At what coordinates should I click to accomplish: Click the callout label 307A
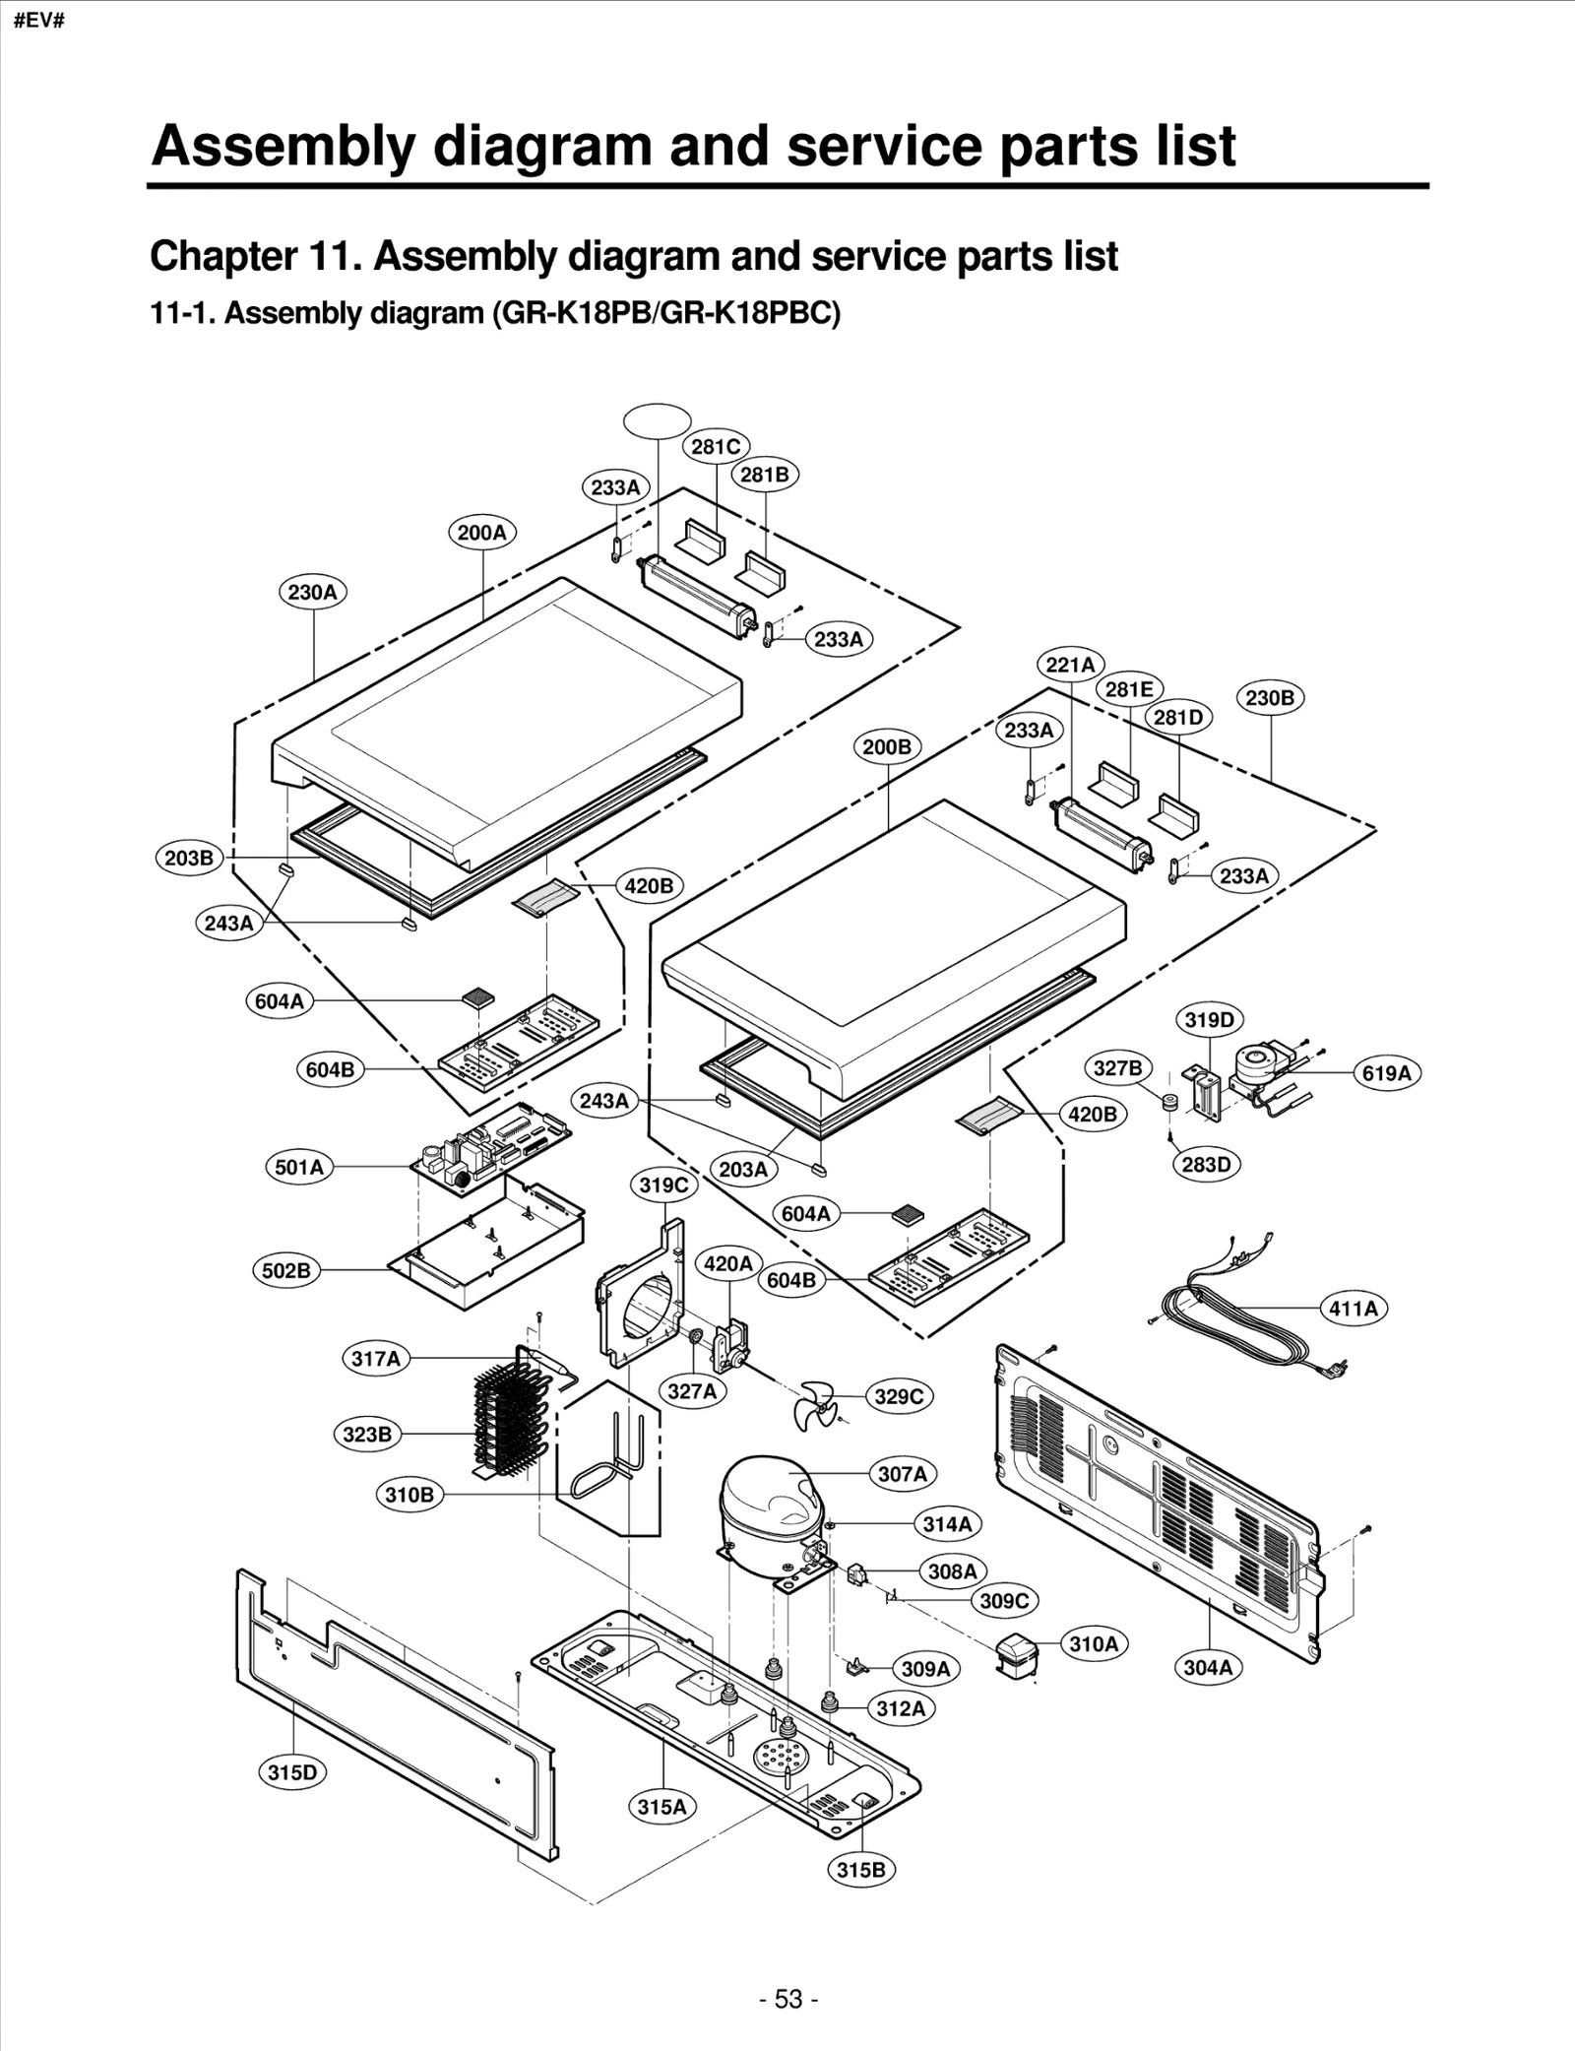902,1474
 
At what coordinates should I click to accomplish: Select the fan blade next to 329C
816,1404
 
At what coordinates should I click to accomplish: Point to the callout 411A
1353,1309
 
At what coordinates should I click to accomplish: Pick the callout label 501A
299,1167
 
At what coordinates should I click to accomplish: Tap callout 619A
1386,1073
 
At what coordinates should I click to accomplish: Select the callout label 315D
293,1772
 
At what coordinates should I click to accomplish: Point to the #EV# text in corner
39,21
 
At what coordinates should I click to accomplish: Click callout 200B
887,746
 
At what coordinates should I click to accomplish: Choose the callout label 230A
312,592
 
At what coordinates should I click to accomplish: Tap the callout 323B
367,1435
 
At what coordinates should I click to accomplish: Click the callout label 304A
1208,1667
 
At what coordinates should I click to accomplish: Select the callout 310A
1094,1643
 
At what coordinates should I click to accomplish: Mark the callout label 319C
663,1185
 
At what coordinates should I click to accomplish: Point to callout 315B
861,1869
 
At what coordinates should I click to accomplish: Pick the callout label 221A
1070,665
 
